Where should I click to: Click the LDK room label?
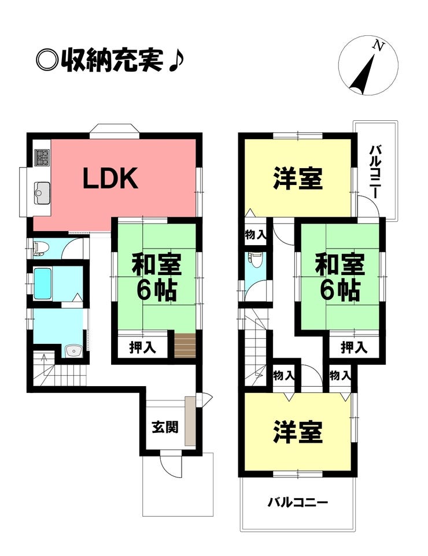coord(110,179)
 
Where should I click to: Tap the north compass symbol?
coord(368,66)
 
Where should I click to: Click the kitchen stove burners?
coord(42,157)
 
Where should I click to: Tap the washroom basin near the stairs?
coord(72,351)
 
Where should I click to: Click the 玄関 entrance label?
coord(165,428)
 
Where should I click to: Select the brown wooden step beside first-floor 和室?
coord(185,345)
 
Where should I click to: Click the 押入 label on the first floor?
coord(142,349)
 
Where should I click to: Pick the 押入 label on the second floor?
coord(353,348)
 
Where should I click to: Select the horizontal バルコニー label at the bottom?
coord(297,502)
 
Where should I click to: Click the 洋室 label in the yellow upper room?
coord(297,179)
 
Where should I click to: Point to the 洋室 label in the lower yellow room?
coord(297,432)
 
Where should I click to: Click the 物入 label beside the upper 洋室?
coord(255,235)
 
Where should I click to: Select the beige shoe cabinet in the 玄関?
coord(190,421)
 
